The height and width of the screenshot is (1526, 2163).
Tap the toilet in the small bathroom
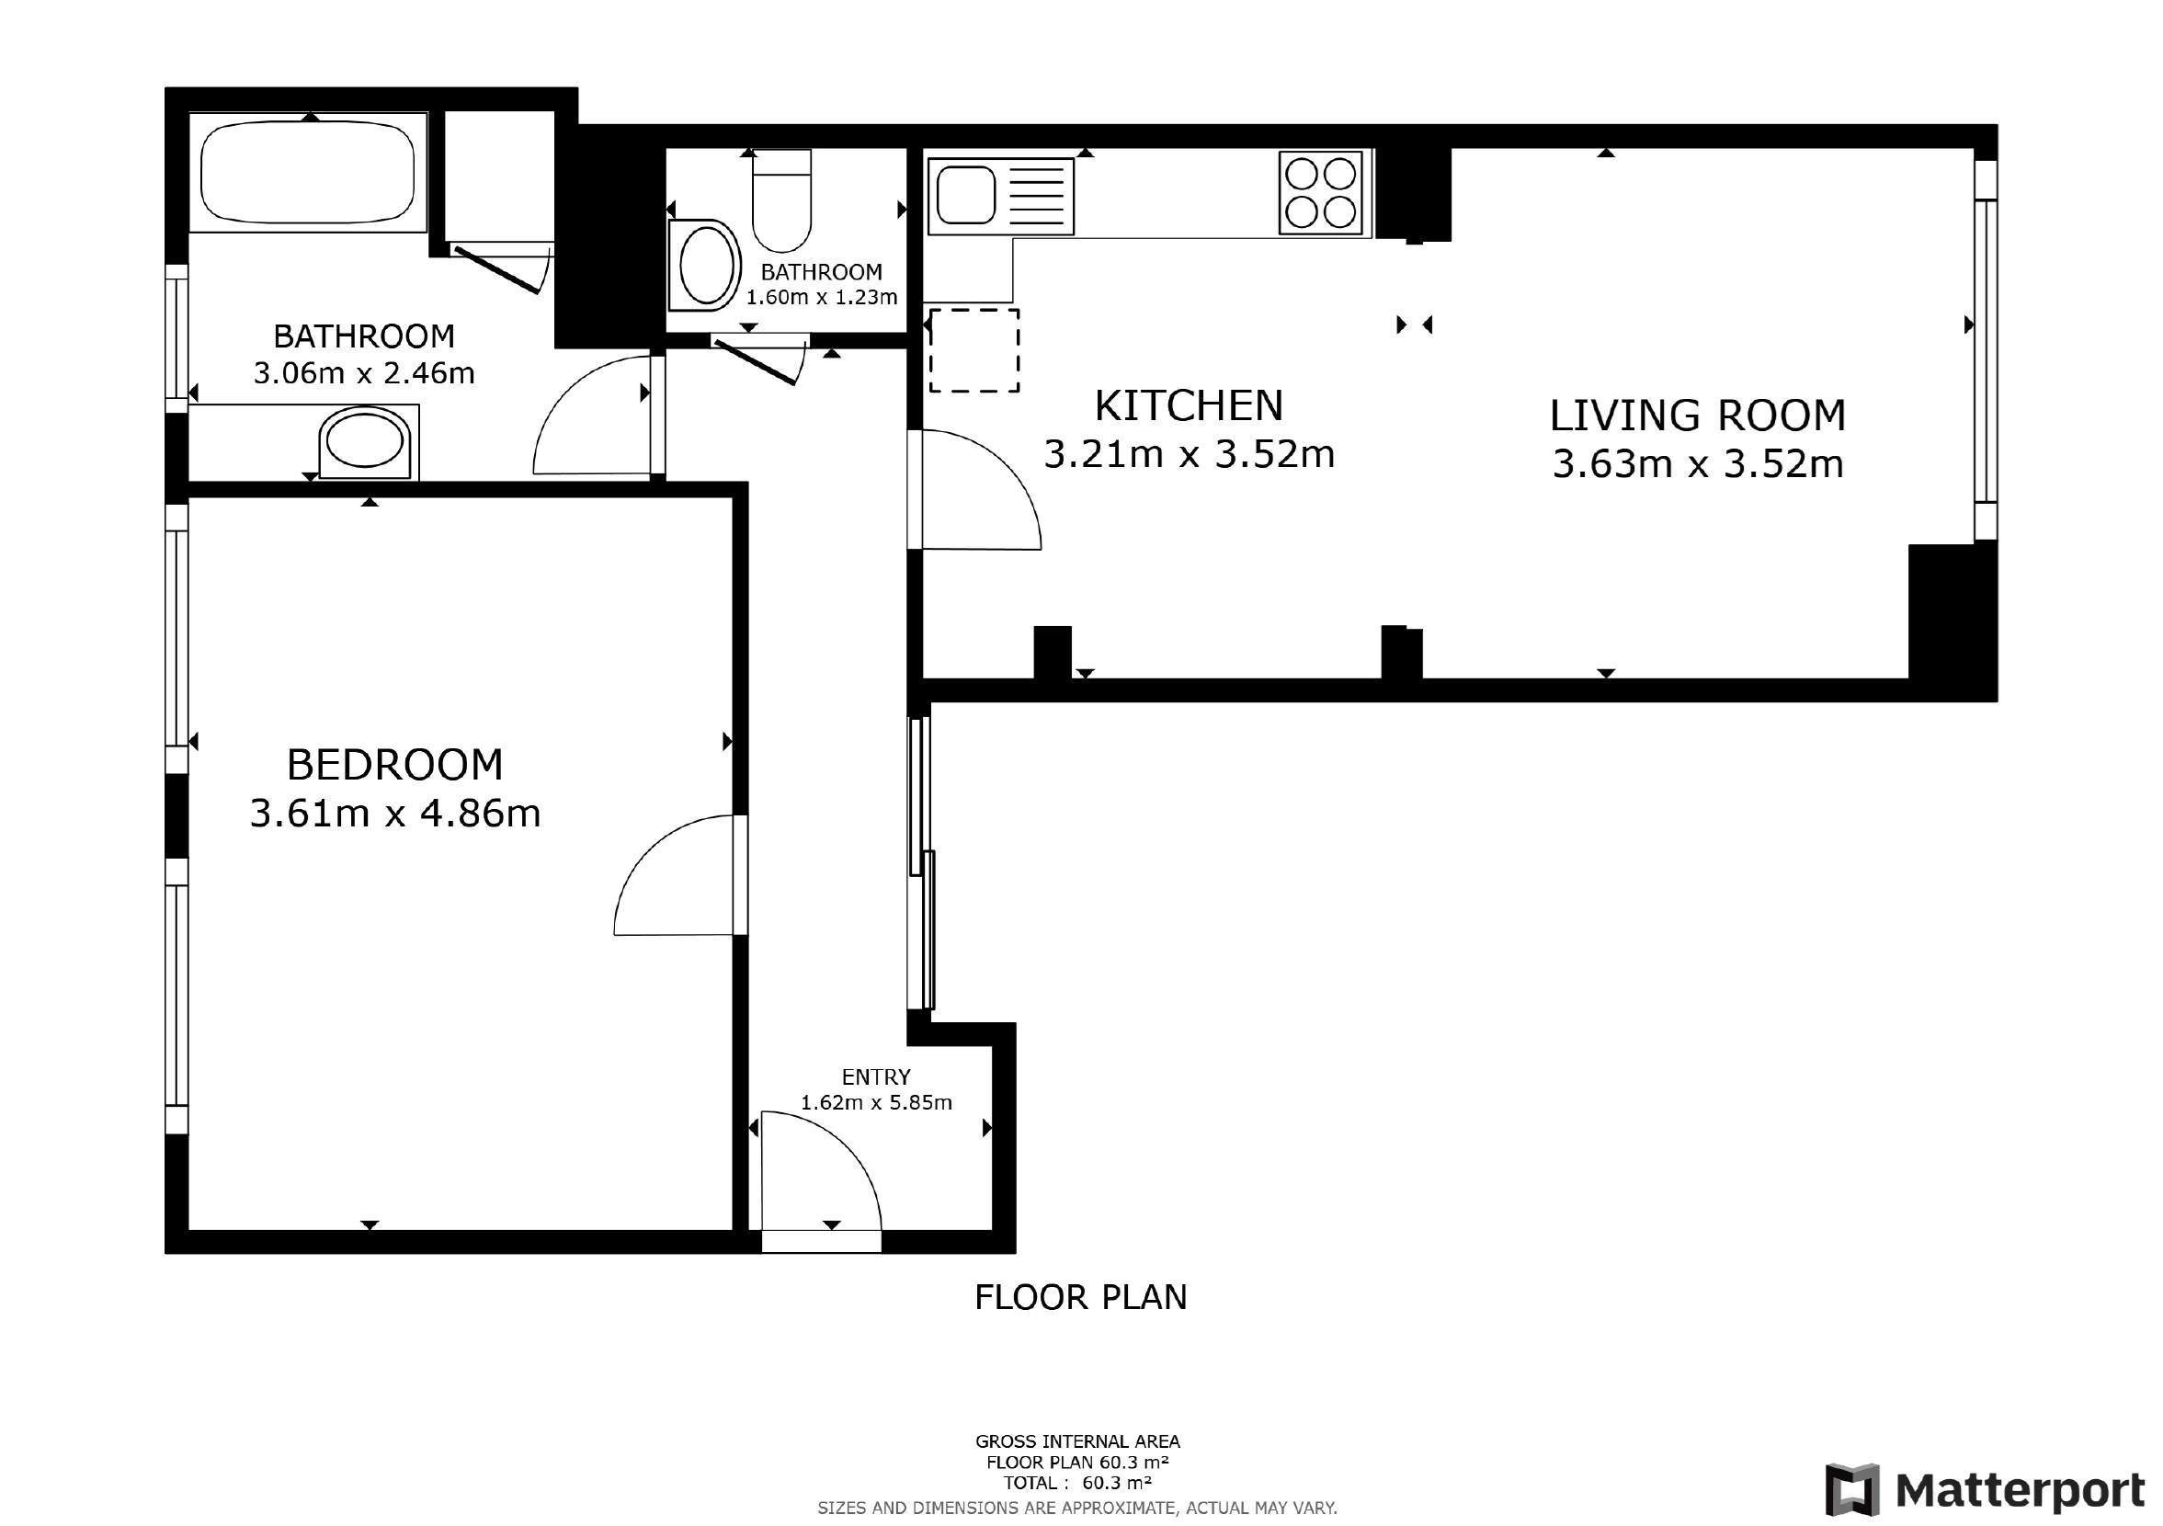(782, 199)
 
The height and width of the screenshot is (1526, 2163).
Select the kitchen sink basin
(965, 195)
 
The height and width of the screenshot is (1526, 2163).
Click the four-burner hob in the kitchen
(1321, 192)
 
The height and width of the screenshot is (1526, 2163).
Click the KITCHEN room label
(1189, 406)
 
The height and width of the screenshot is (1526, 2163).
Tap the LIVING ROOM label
(1698, 416)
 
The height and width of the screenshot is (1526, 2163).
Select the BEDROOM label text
(394, 765)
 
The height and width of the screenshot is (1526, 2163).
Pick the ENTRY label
(876, 1076)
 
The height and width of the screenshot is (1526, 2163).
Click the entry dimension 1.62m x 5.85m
(876, 1102)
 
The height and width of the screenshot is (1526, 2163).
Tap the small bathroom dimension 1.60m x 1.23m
(822, 298)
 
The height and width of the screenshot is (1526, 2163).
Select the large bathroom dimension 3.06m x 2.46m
(364, 374)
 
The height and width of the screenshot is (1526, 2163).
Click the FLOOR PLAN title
(1080, 1298)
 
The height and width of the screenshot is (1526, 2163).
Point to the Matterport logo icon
(1852, 1490)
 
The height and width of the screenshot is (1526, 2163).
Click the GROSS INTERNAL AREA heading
(1077, 1441)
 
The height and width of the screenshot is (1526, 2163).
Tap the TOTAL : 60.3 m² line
(1077, 1483)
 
